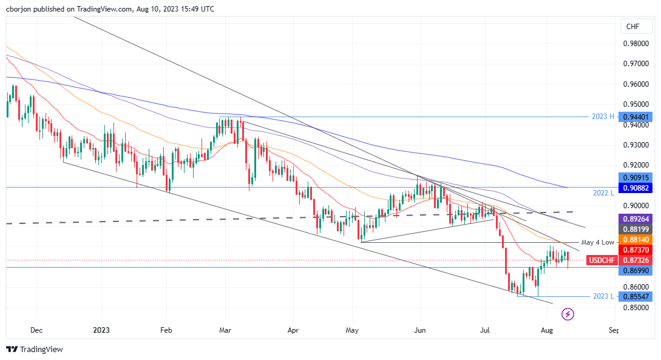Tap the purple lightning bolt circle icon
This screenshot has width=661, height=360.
pos(568,314)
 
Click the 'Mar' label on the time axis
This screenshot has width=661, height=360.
pos(225,331)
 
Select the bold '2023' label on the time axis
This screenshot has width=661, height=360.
pos(102,331)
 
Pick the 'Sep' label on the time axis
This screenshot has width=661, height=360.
pos(613,331)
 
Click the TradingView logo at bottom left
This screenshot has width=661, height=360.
pos(35,349)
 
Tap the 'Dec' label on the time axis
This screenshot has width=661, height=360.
pos(36,331)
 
